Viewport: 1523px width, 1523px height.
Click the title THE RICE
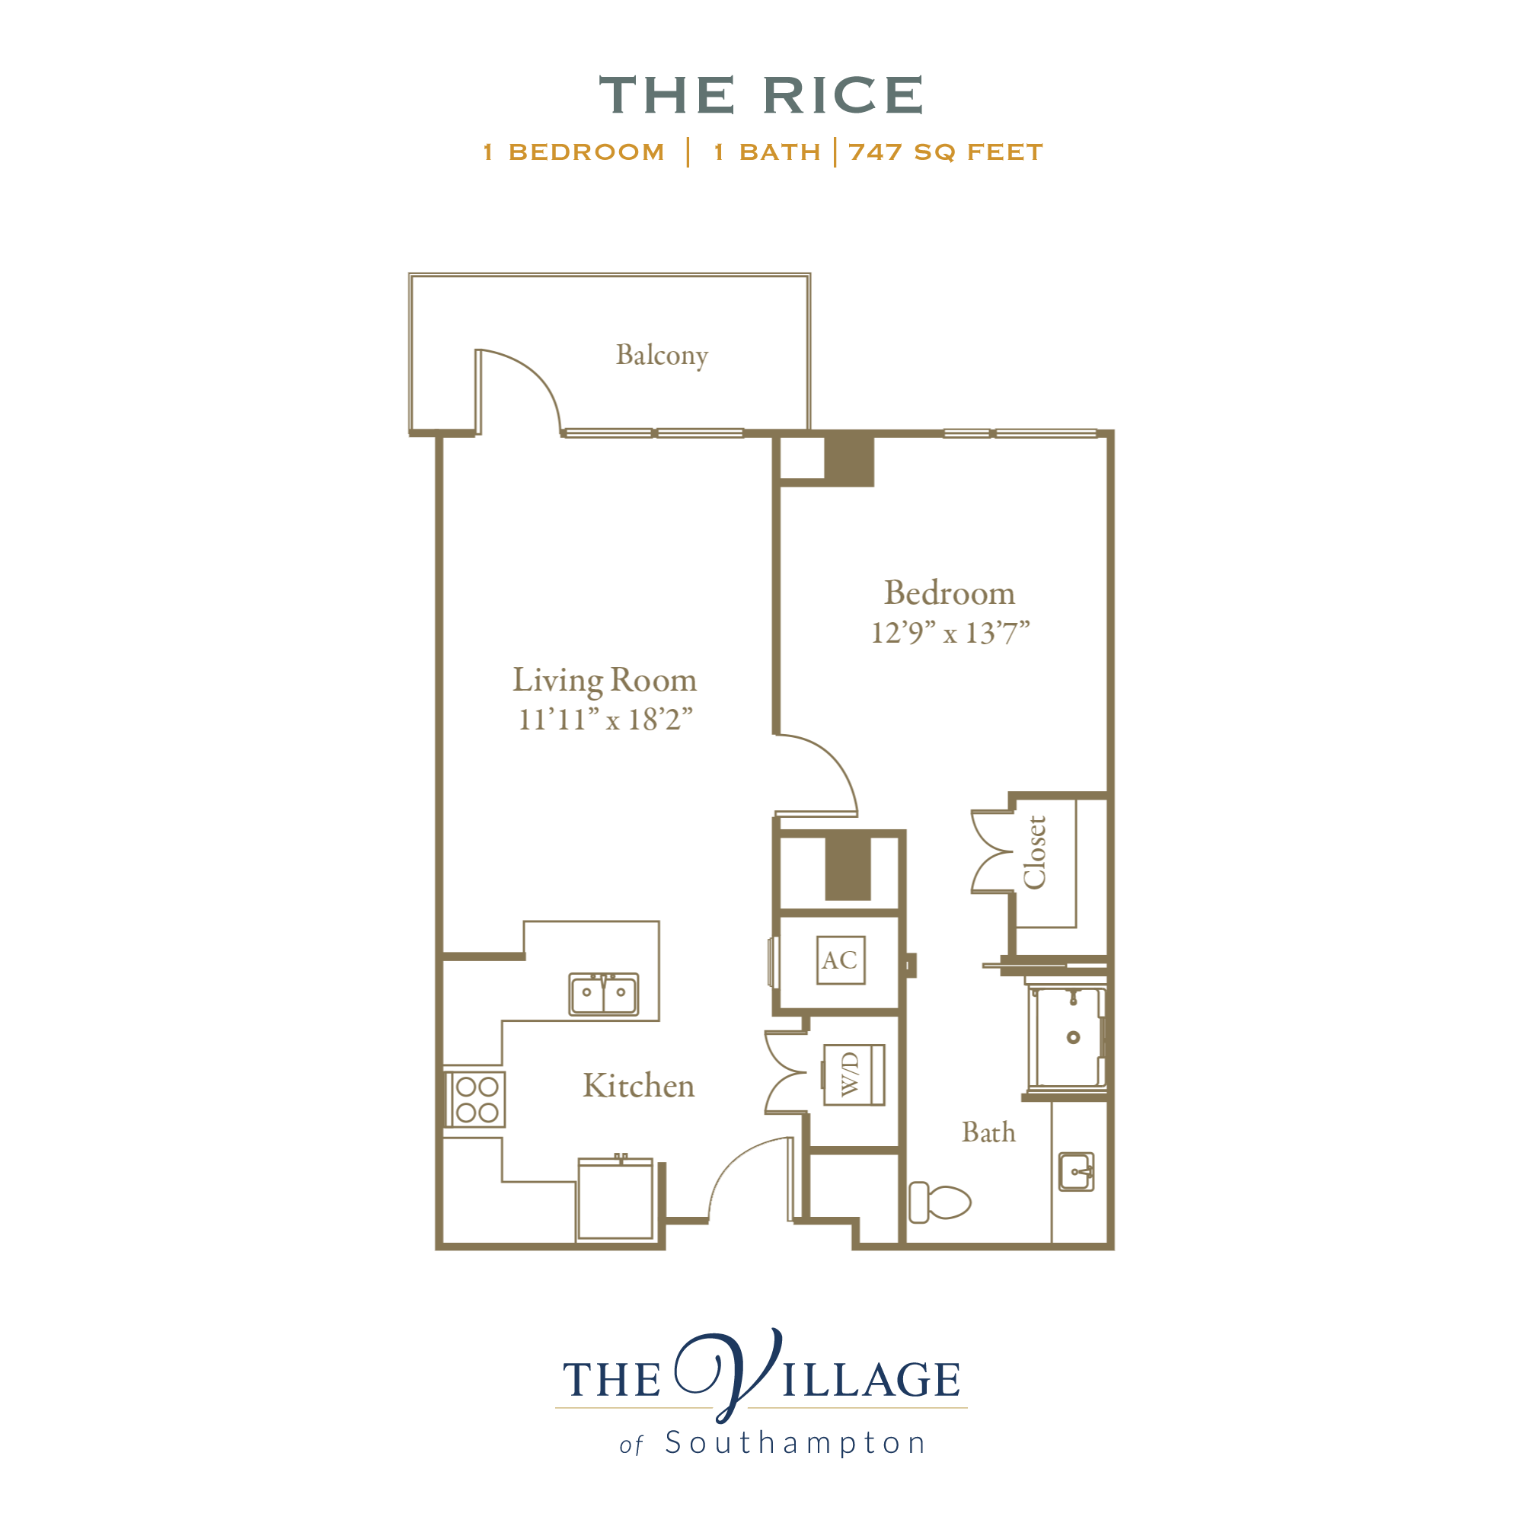tap(761, 95)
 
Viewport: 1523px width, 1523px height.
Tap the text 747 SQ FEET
tap(945, 152)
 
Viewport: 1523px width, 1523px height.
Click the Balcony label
tap(662, 355)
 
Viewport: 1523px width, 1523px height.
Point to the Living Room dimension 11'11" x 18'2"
tap(605, 719)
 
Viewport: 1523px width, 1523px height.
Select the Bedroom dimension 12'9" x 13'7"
tap(950, 632)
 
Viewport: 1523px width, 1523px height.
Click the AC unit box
tap(841, 959)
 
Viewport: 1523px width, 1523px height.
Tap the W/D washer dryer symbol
tap(854, 1074)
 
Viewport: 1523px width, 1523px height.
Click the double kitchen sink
tap(604, 994)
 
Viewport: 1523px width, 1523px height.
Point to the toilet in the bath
tap(939, 1202)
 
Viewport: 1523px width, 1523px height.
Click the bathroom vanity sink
tap(1076, 1171)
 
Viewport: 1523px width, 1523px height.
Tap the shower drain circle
tap(1073, 1037)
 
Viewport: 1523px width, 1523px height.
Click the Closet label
tap(1034, 852)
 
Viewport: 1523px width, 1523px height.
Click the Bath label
tap(988, 1132)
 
